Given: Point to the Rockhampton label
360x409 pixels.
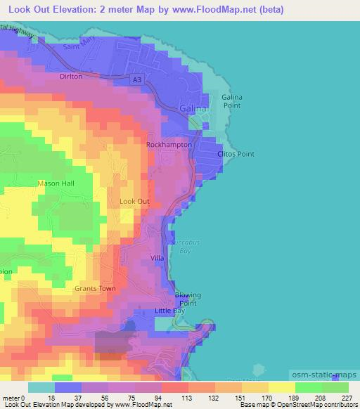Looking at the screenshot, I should [x=169, y=144].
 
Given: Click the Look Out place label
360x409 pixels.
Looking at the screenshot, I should [x=135, y=201].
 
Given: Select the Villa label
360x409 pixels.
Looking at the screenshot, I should [x=157, y=259].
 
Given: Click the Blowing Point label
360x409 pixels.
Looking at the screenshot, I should [x=187, y=299].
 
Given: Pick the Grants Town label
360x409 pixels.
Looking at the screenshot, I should [x=94, y=288].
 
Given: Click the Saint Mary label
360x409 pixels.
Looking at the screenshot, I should [x=78, y=46].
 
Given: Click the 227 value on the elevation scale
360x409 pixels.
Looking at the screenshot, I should [x=345, y=398].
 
